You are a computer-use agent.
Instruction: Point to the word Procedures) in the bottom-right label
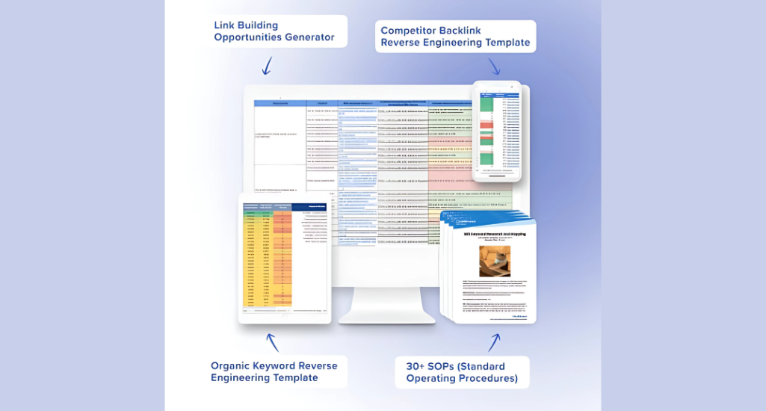click(488, 378)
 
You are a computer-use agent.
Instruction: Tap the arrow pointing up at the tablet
click(273, 342)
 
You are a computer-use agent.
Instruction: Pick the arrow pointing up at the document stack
click(494, 342)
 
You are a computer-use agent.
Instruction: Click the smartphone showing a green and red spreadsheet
click(497, 131)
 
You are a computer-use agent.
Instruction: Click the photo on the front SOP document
click(494, 261)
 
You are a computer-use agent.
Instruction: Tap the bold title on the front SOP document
click(495, 234)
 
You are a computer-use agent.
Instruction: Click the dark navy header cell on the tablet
click(309, 207)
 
